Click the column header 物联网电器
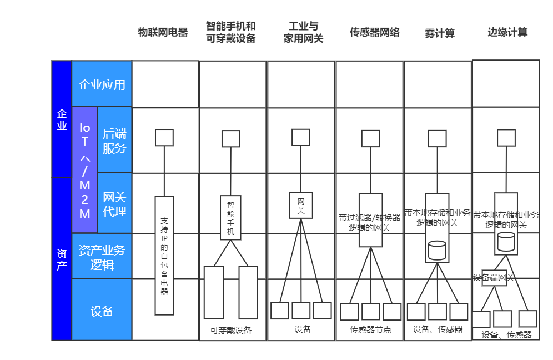coord(163,32)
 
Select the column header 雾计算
coord(439,33)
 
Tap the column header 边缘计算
coord(507,32)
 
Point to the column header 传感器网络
coord(375,32)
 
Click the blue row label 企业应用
coord(102,84)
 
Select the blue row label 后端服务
coord(114,140)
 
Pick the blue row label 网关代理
coord(114,203)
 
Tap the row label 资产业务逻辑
coord(102,257)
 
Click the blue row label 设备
coord(102,310)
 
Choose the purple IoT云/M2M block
coord(84,170)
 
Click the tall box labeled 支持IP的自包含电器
coord(164,256)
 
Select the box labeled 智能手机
coord(230,218)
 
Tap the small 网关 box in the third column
coord(301,206)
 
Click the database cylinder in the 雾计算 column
coord(437,251)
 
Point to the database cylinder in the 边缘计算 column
coord(506,242)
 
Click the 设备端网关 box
coord(495,278)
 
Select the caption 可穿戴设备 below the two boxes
coord(230,331)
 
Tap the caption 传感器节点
coord(370,329)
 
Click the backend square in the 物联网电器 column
coord(164,138)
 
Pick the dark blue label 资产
coord(62,259)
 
